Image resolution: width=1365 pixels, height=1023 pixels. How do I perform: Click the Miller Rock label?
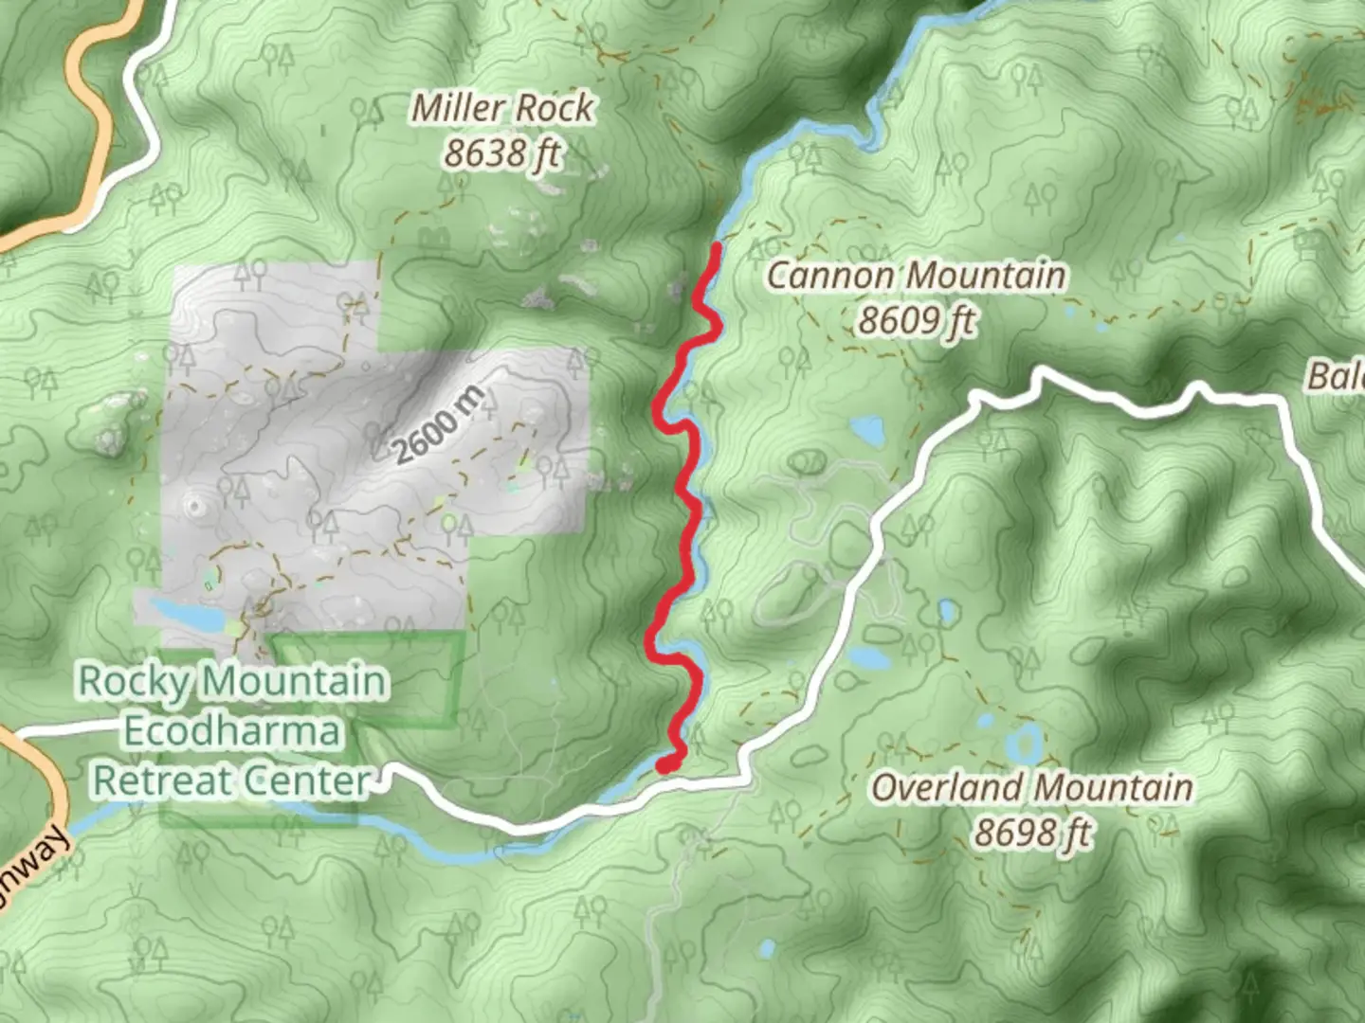tap(502, 108)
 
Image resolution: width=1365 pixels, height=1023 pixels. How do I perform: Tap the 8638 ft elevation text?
tap(502, 153)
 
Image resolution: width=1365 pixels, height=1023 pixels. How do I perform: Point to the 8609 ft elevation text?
tap(916, 321)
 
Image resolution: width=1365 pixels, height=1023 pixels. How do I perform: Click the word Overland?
tap(947, 787)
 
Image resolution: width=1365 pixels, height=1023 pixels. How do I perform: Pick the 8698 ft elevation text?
tap(1032, 833)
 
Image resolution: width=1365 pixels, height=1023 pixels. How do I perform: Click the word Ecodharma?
tap(232, 731)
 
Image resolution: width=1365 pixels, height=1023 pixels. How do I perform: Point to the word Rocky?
tap(134, 680)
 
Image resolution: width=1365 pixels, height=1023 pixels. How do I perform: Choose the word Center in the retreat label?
tap(307, 781)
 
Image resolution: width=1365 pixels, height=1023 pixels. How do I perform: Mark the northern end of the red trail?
tap(718, 248)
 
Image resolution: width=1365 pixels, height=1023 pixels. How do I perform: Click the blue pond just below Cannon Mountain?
tap(866, 431)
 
